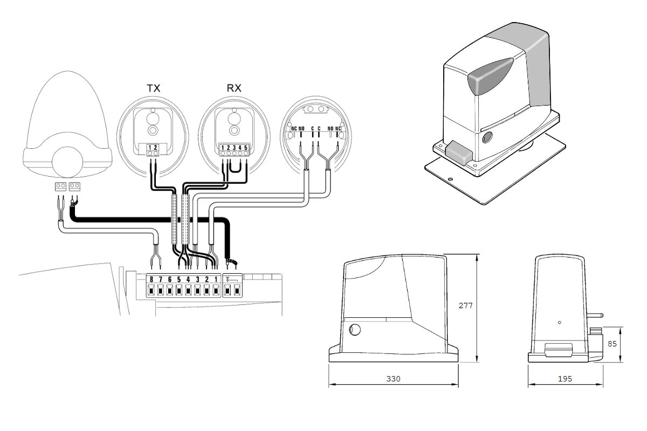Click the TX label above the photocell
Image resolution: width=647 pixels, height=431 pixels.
(154, 88)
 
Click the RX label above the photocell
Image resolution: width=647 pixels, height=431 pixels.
(233, 88)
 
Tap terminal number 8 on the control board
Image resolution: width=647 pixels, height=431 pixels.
(152, 279)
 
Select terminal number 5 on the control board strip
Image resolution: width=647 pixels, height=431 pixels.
(179, 279)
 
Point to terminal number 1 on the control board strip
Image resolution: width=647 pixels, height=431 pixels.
(216, 279)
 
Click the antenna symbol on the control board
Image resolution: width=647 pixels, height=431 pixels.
(229, 279)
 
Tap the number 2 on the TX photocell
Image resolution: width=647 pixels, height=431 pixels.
(157, 147)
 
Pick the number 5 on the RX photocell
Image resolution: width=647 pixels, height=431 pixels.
(246, 147)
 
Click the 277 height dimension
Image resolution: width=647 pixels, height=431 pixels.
(465, 305)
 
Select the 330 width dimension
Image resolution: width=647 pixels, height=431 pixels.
(394, 379)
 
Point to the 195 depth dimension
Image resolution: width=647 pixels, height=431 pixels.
(565, 379)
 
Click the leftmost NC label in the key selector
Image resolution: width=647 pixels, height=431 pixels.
(294, 129)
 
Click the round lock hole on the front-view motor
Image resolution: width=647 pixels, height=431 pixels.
(355, 330)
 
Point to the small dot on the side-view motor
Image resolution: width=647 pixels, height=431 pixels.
(560, 322)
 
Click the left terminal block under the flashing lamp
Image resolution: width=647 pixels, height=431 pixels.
(60, 186)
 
